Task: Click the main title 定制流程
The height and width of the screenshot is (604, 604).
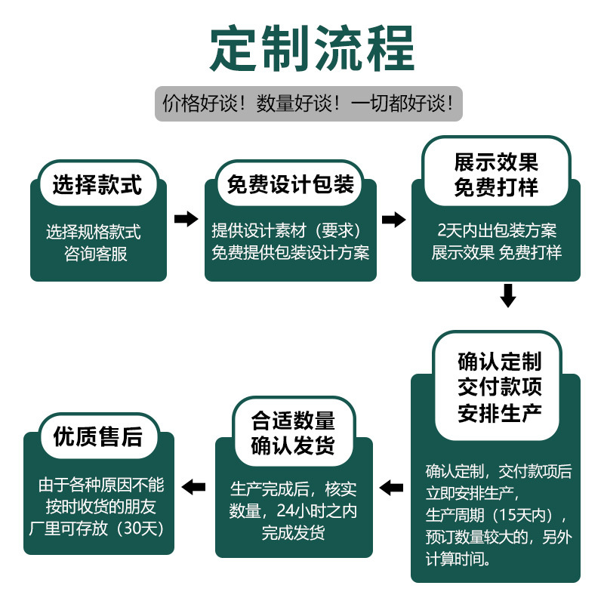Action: coord(302,49)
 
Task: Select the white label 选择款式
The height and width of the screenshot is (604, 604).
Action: coord(97,185)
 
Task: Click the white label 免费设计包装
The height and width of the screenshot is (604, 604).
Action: coord(291,185)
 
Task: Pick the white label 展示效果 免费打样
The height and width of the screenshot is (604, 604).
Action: coord(495,174)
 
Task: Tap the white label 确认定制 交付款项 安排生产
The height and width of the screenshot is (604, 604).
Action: coord(499,387)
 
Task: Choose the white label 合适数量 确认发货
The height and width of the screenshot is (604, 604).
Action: coord(293,433)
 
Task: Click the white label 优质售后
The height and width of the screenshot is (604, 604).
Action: coord(98,436)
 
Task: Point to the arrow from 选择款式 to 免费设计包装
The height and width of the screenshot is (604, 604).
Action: coord(186,219)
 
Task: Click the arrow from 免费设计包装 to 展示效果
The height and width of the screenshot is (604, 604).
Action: coord(393,219)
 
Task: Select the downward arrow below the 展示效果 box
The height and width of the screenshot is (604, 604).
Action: coord(508,295)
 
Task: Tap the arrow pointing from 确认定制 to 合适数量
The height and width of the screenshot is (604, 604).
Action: coord(391,488)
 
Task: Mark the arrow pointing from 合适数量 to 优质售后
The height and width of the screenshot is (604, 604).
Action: coord(195,487)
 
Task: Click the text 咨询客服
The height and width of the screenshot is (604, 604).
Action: coord(97,254)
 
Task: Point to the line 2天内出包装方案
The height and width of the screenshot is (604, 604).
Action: coord(496,230)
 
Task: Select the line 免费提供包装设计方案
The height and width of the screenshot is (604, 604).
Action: coord(291,253)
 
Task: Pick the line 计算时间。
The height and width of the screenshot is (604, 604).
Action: coord(458,559)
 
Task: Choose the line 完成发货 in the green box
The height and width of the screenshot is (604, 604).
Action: coord(293,533)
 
